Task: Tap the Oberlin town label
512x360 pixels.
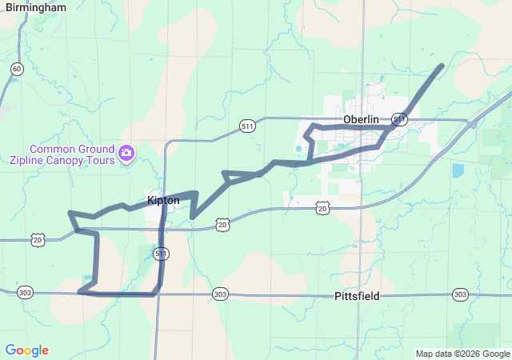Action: (360, 119)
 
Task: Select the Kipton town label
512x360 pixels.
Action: (162, 200)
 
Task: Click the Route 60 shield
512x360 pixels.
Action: (18, 70)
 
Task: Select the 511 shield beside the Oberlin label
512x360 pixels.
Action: (400, 119)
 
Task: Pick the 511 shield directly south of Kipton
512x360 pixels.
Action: (162, 254)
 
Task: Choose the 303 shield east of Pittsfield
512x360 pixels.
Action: (460, 294)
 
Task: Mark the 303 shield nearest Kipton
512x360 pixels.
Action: (220, 294)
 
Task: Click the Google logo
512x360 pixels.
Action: (27, 350)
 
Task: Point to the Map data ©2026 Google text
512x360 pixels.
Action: (462, 354)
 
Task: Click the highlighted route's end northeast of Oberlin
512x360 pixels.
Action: (441, 66)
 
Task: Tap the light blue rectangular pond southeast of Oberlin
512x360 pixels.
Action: (457, 170)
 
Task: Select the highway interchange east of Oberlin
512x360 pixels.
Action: (475, 124)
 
